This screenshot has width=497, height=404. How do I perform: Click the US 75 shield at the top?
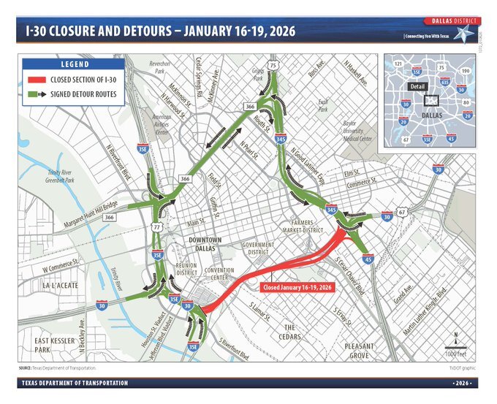(273, 66)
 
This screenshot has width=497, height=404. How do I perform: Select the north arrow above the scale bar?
(457, 337)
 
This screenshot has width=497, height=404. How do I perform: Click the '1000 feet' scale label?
(457, 354)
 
